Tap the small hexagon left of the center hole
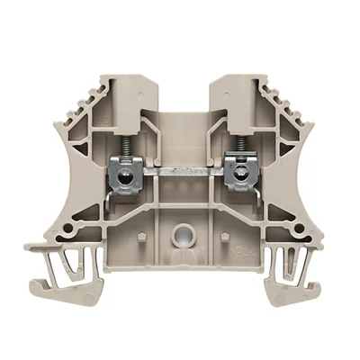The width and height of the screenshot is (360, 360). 143,236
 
